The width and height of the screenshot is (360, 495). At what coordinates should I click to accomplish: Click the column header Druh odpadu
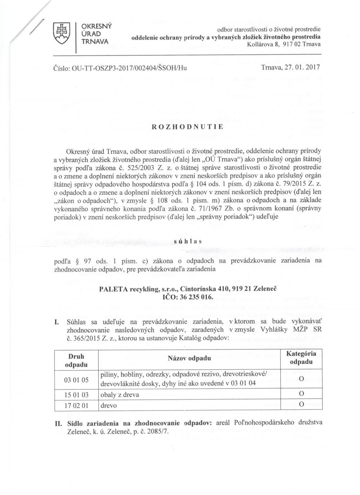click(x=76, y=360)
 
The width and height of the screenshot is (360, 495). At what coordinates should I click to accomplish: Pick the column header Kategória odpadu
click(x=301, y=357)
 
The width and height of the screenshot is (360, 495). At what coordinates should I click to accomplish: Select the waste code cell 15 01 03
click(x=76, y=395)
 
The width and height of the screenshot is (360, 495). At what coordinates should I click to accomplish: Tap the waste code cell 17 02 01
click(x=76, y=406)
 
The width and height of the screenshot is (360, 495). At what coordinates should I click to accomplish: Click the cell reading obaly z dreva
click(x=120, y=395)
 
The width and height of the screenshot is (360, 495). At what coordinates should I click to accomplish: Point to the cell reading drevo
click(x=109, y=406)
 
